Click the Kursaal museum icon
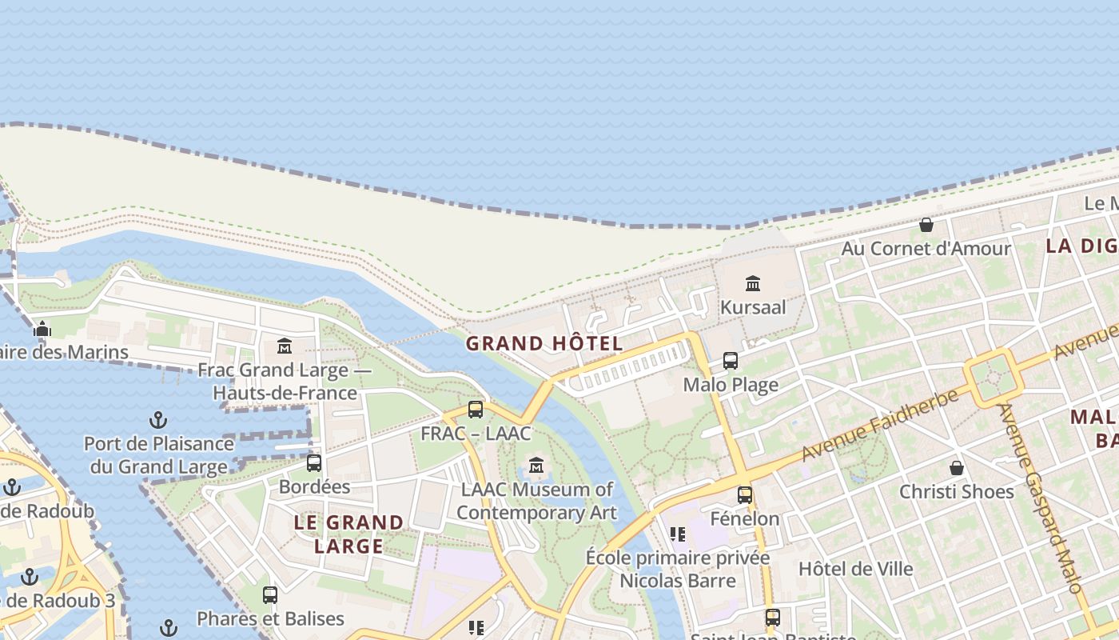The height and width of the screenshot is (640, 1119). (752, 283)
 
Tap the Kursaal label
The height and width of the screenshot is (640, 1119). (753, 307)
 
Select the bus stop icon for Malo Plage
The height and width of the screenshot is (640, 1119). (731, 361)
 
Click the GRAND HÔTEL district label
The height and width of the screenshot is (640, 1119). (544, 344)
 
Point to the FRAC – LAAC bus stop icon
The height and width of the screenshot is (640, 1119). (476, 410)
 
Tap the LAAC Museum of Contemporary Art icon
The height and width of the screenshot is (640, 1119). (536, 465)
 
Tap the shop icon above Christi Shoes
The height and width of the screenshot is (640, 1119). (956, 468)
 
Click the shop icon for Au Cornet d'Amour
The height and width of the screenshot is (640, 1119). (926, 225)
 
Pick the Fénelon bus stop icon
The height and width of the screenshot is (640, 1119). (745, 495)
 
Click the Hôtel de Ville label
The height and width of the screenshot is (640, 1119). (855, 569)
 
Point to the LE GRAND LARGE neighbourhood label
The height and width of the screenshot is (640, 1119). (349, 534)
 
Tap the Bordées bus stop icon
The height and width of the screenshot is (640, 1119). (314, 463)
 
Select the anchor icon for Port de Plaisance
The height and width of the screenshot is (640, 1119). (158, 420)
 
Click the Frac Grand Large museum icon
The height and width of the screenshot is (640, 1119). (285, 346)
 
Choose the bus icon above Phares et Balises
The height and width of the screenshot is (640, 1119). (270, 595)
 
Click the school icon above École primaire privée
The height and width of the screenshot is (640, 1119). (678, 534)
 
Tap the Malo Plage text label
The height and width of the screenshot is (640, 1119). (731, 386)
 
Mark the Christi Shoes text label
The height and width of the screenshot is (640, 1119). (957, 492)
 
